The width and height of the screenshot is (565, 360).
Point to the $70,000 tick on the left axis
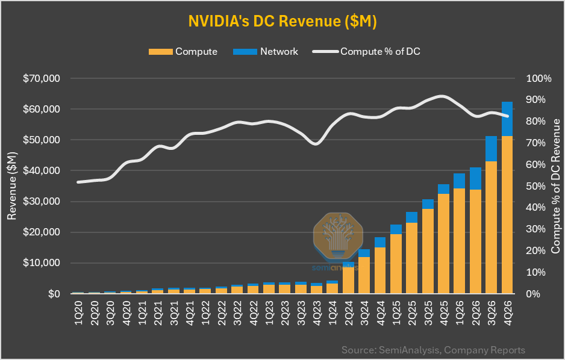click(x=41, y=79)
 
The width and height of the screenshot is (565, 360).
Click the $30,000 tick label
click(x=41, y=202)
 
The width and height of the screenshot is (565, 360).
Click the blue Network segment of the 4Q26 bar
click(x=507, y=119)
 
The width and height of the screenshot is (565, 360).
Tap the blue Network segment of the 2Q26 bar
click(x=475, y=178)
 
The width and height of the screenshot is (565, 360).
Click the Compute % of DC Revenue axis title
click(x=555, y=186)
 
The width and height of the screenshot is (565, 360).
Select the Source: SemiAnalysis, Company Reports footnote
click(x=433, y=350)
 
